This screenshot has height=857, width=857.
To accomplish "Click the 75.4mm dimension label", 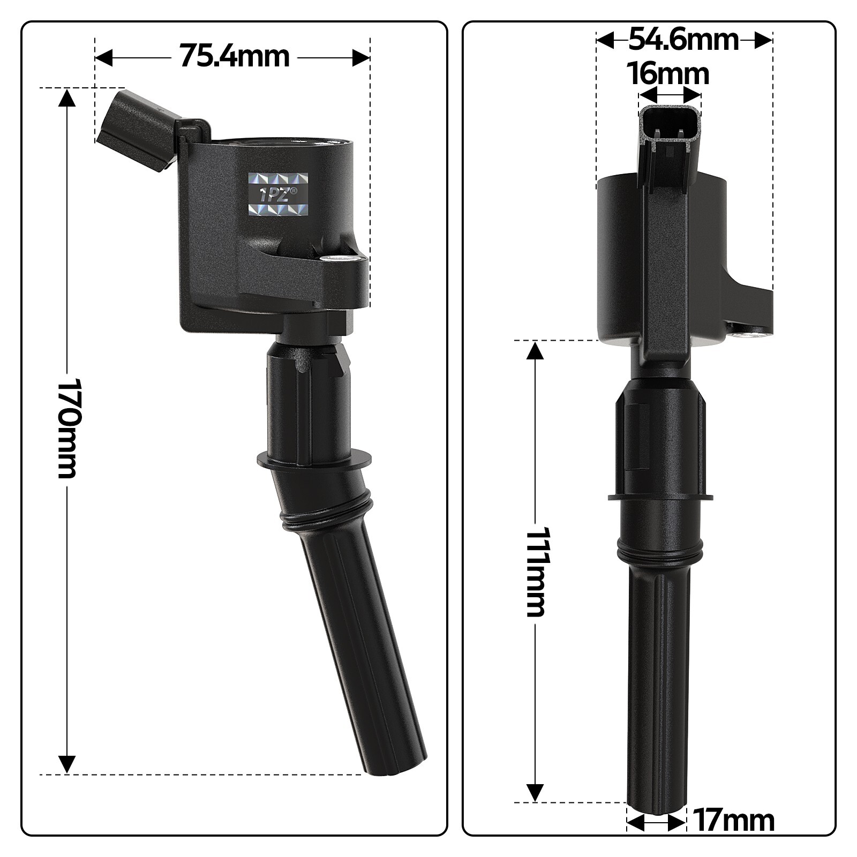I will coord(234,56).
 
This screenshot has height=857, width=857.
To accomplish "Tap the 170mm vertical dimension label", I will coord(68,428).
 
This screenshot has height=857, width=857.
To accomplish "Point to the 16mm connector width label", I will coord(669,73).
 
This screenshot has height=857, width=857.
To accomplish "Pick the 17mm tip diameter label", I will coord(733,821).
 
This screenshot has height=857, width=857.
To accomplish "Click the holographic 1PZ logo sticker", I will coord(280,194).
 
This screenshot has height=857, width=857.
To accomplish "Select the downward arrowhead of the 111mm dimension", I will coord(535,792).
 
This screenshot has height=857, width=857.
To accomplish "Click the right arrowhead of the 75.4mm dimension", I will coord(360,57).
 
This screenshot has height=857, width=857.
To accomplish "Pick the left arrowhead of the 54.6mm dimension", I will coord(606,40).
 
